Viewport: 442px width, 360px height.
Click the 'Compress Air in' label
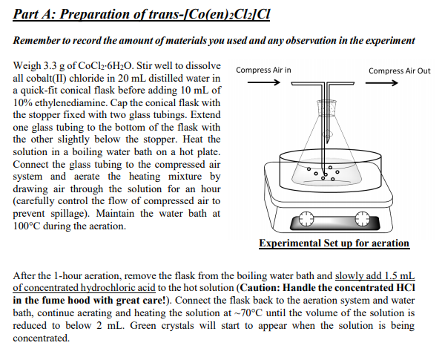click(263, 71)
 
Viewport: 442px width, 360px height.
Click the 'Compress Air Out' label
click(399, 71)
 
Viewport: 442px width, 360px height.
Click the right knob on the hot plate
click(361, 220)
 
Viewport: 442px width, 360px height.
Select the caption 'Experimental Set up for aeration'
click(334, 243)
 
